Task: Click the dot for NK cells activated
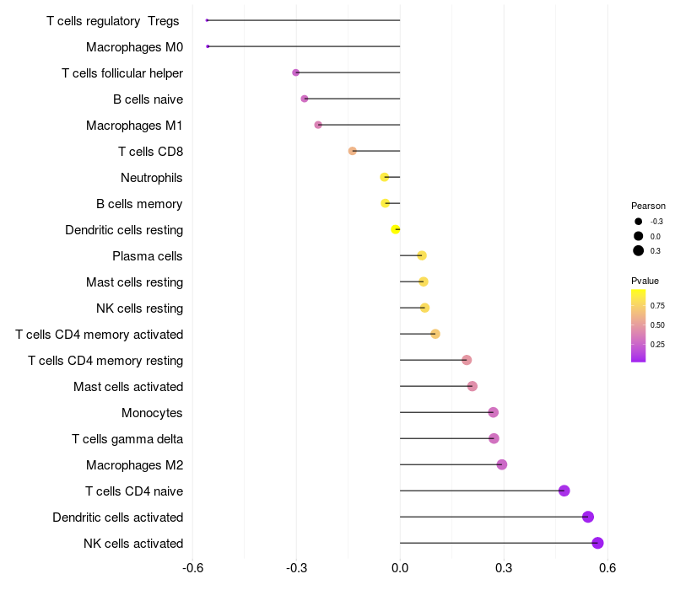coord(597,543)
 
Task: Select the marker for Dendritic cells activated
coord(588,517)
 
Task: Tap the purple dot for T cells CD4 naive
coord(564,491)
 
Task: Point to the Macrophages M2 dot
coord(502,464)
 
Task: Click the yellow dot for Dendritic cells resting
coord(396,229)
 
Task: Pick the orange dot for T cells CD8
coord(353,151)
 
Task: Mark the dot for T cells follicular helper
coord(296,72)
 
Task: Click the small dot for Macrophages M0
coord(208,46)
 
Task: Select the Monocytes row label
coord(152,413)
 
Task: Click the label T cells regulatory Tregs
coord(113,21)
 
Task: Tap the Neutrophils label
coord(152,178)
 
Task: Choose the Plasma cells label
coord(148,256)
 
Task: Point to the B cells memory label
coord(139,204)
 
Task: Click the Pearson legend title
coord(648,206)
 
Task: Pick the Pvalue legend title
coord(645,281)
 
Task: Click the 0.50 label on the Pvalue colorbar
coord(657,325)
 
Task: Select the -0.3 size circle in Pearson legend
coord(639,221)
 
